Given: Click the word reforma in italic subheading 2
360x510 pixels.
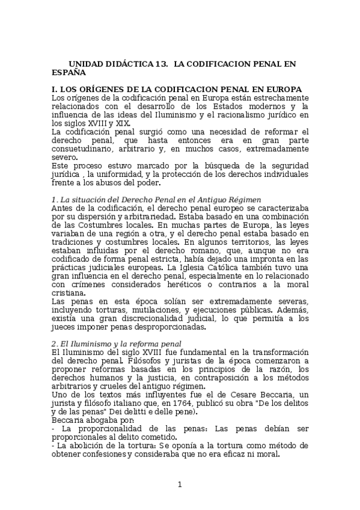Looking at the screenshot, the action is tap(138, 343).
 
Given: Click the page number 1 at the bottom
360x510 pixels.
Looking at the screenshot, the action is tap(180, 485).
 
